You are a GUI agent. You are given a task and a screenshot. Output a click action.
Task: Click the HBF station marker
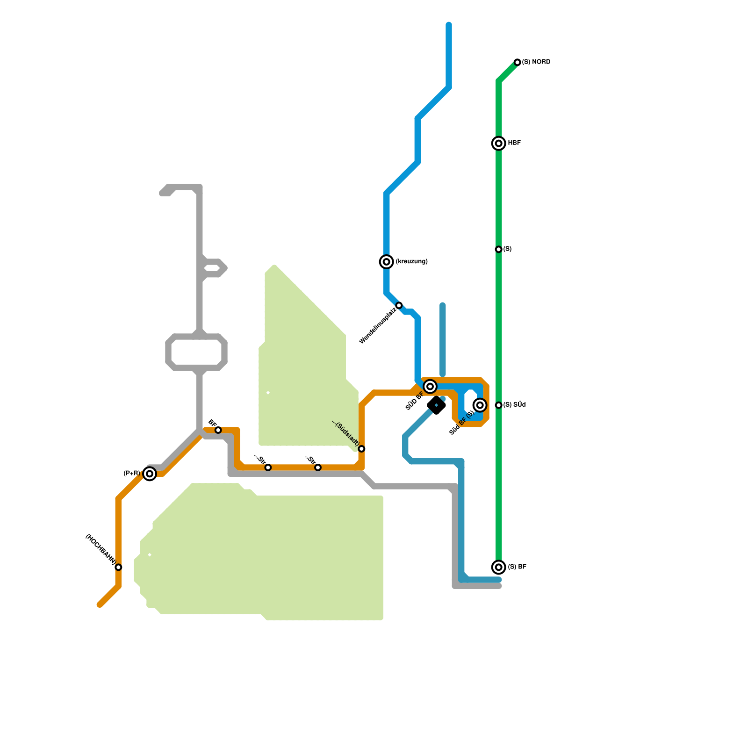coord(499,143)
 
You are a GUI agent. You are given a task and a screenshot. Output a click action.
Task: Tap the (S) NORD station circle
coord(517,62)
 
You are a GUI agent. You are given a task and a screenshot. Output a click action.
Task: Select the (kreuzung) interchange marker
coord(386,262)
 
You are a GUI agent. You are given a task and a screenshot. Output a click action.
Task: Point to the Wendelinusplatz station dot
coord(399,305)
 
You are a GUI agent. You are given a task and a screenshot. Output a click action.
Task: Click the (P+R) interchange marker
coord(150,474)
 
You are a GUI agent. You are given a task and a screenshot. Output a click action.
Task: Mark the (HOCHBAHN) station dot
coord(119,567)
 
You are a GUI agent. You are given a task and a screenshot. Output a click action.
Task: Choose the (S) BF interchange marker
coord(499,567)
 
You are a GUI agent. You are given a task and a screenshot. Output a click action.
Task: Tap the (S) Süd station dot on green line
coord(499,405)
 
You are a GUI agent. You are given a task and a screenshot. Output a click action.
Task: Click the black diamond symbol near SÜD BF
coord(436,405)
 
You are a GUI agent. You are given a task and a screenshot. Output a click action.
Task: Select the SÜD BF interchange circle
coord(430,386)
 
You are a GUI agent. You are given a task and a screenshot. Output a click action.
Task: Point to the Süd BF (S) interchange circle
coord(480,405)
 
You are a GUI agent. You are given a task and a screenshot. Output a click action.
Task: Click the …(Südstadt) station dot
coord(361,449)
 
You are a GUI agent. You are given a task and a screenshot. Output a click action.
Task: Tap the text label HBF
coord(514,143)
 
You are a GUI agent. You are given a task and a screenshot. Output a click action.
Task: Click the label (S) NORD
coord(536,62)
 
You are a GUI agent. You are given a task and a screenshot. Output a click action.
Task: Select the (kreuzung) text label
coord(411,262)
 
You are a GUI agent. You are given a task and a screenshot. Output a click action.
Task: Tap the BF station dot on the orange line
coord(218,430)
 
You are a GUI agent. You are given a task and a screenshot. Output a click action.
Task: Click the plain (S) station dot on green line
coord(499,249)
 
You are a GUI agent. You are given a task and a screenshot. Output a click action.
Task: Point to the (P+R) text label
coord(132,474)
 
